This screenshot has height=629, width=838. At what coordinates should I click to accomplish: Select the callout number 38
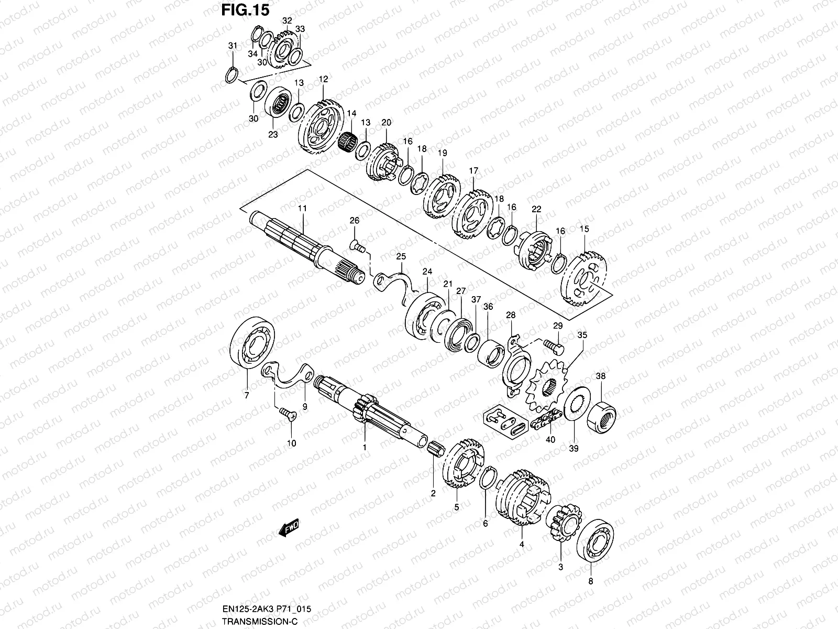601,376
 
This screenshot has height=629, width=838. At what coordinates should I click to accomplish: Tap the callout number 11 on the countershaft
302,209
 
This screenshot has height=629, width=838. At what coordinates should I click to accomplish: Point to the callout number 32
287,20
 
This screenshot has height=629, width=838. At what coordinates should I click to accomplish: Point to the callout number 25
401,257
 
